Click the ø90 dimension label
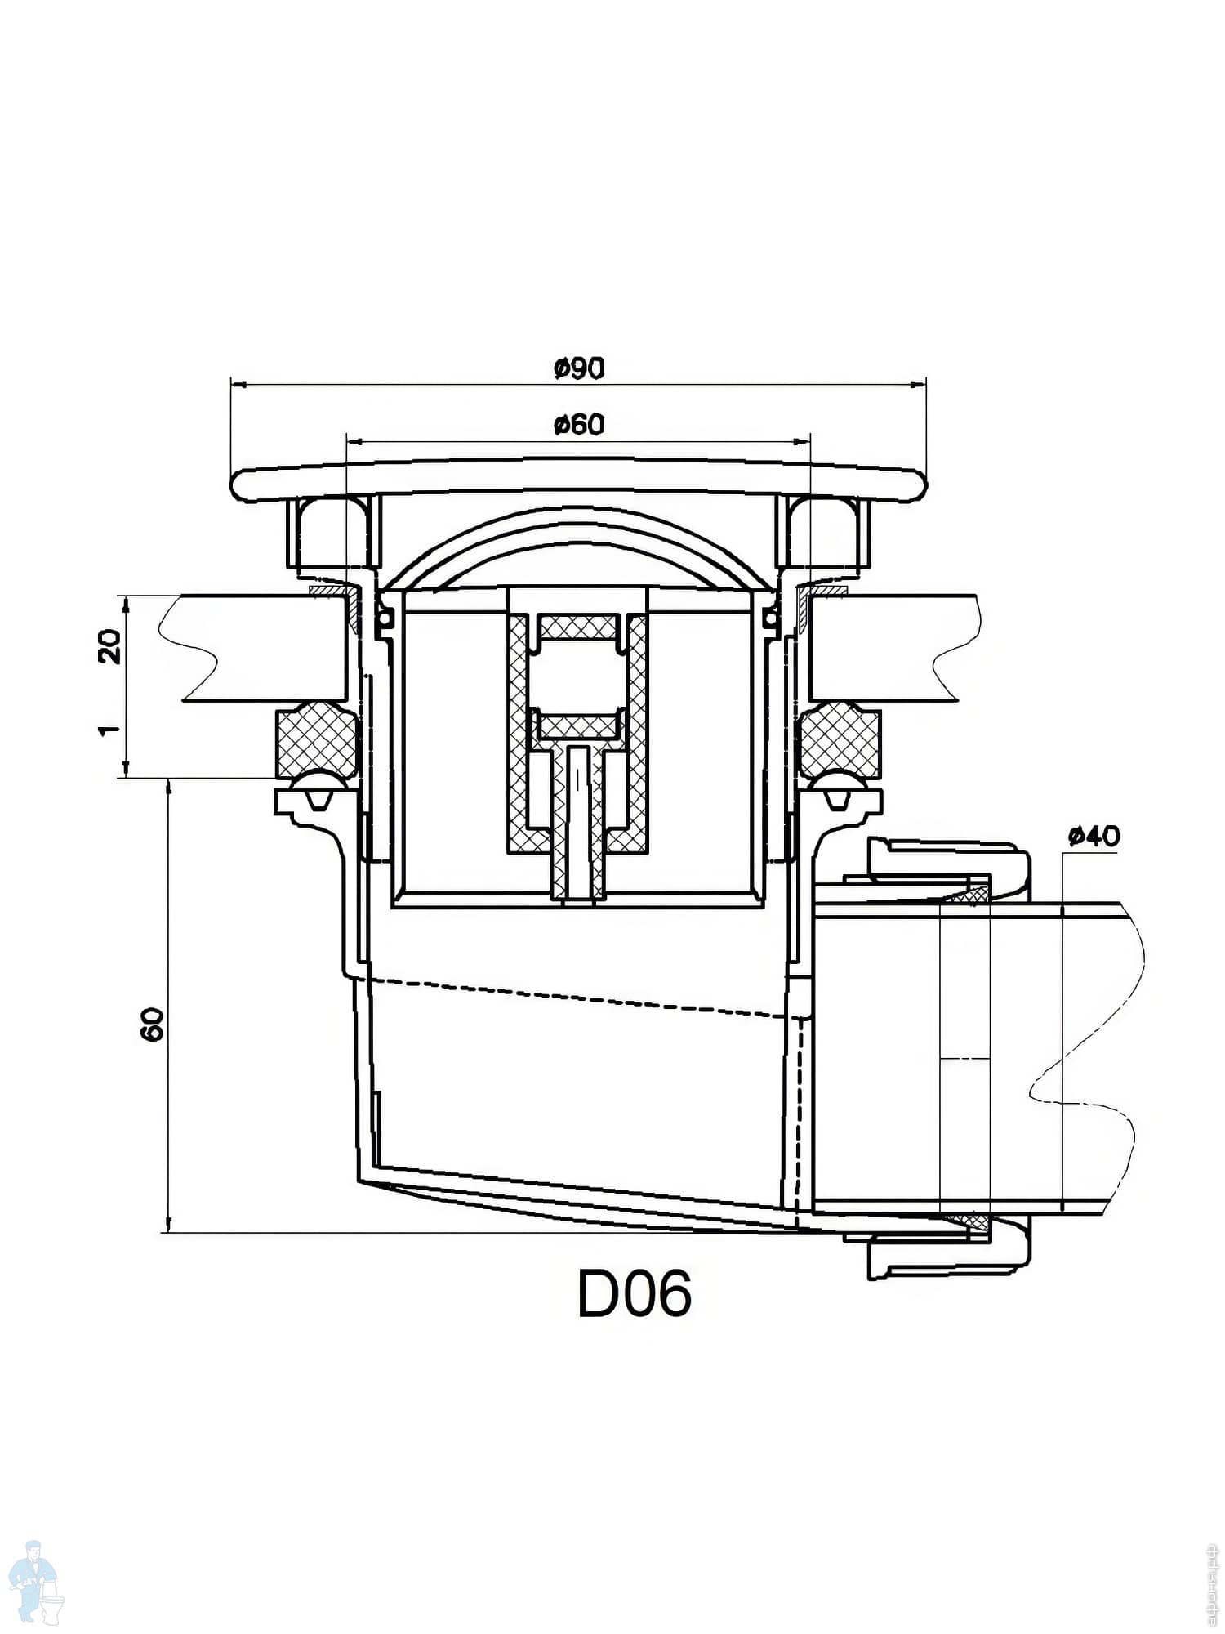coord(579,369)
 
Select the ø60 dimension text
coord(579,425)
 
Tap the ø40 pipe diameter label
coord(1094,836)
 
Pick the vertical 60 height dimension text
coord(153,1024)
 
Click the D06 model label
coord(634,1294)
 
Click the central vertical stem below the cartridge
coord(579,825)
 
